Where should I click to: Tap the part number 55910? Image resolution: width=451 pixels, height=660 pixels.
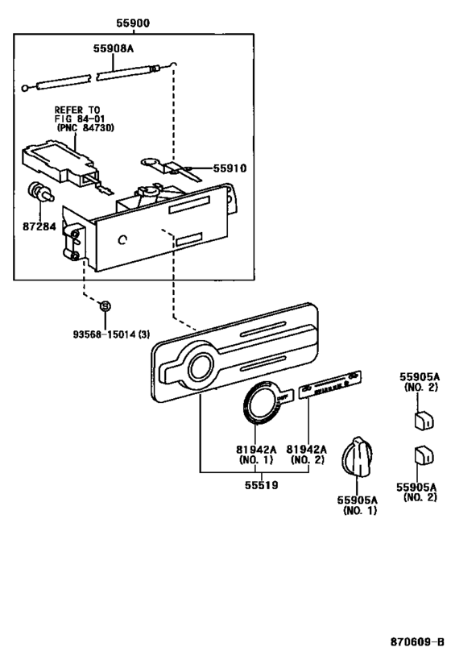click(x=230, y=168)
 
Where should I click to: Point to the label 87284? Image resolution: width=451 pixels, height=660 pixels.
click(x=39, y=226)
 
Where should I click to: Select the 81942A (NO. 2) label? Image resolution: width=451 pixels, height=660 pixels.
click(x=307, y=455)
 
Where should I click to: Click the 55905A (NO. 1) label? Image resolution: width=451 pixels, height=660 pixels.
click(x=357, y=504)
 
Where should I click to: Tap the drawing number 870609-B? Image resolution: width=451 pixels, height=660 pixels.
click(x=416, y=642)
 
